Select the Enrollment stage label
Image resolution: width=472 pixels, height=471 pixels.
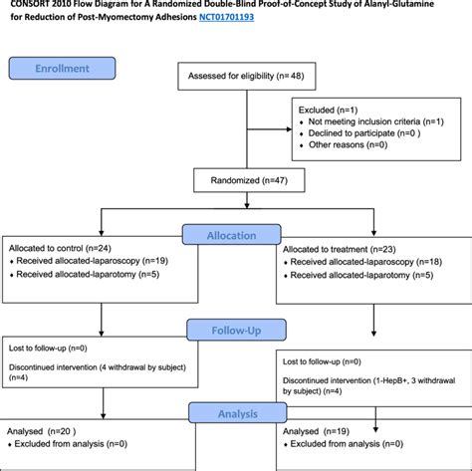pos(56,69)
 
